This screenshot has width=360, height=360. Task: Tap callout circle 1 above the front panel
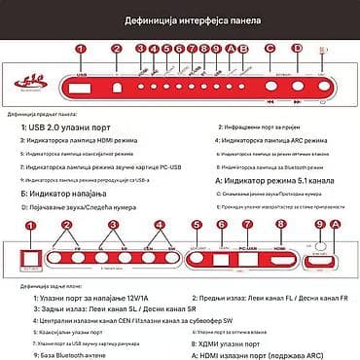[81, 48]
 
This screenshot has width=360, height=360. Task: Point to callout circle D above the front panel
[306, 48]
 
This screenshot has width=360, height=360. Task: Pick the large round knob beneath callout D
[299, 81]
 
